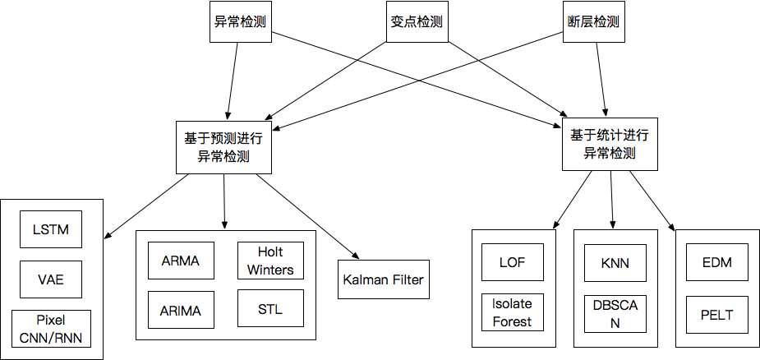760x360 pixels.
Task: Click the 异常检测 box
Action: (x=240, y=22)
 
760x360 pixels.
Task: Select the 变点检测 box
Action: (x=417, y=22)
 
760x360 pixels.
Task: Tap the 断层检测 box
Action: (x=594, y=22)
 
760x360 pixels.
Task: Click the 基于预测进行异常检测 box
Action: (x=223, y=146)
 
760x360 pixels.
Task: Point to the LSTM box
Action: (x=51, y=229)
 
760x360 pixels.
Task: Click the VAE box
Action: (x=51, y=280)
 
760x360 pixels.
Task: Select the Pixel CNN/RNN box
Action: (x=51, y=328)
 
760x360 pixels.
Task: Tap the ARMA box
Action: (x=181, y=261)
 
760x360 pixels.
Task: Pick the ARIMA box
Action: (x=181, y=311)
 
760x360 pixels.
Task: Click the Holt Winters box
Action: (x=270, y=261)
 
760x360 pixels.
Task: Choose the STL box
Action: (x=270, y=310)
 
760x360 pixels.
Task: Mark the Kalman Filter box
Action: (x=383, y=280)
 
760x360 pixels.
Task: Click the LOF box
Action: (x=513, y=263)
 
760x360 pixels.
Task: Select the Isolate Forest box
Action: (x=513, y=312)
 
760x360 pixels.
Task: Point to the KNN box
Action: (x=615, y=263)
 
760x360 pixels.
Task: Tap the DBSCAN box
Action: (x=615, y=314)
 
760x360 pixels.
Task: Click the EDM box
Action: (x=716, y=263)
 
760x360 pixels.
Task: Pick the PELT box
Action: (x=716, y=314)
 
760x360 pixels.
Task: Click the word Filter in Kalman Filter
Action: (x=407, y=280)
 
